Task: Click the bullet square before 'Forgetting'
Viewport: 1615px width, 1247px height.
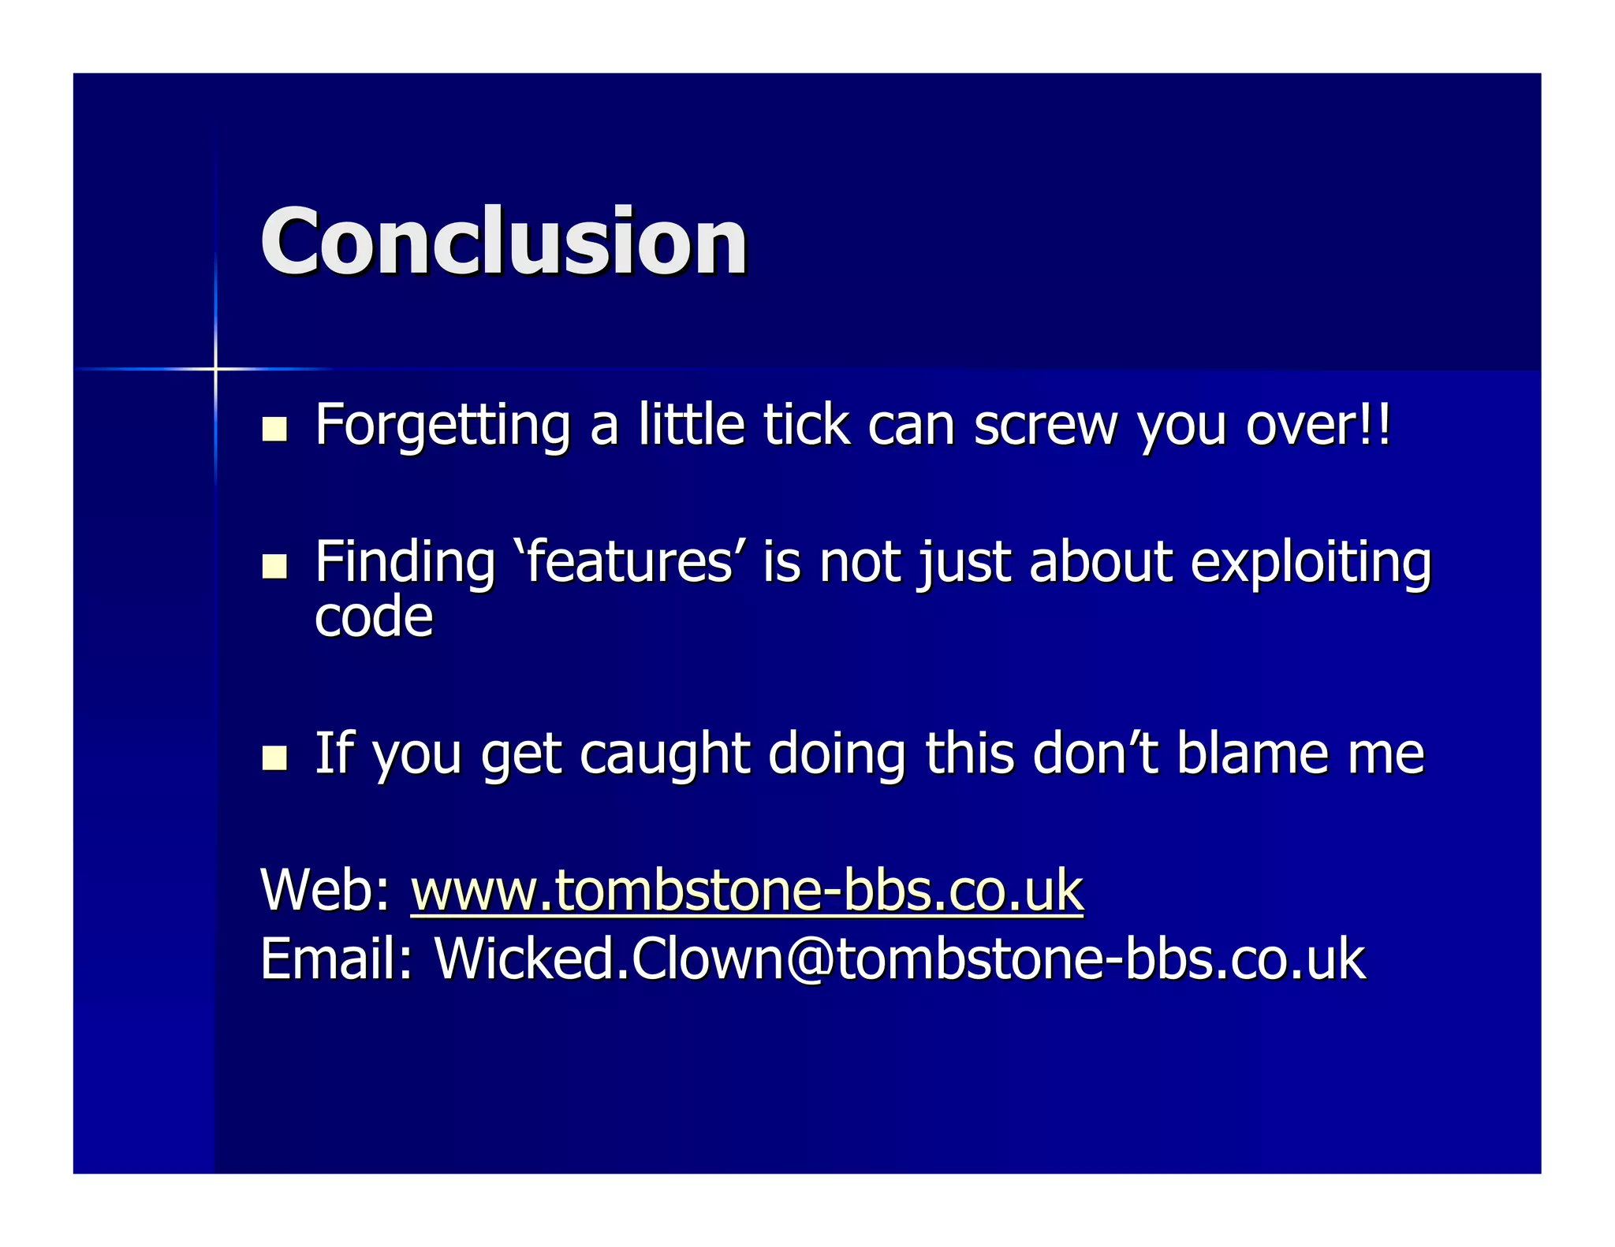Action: (274, 429)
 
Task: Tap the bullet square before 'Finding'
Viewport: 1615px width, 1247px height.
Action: (274, 566)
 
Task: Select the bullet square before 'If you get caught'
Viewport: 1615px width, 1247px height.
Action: (274, 757)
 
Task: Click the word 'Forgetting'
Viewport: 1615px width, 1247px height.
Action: (442, 426)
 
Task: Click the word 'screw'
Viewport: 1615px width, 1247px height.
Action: (1045, 425)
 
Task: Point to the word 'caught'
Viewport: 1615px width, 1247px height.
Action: (664, 754)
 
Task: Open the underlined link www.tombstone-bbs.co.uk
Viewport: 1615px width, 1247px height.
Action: (747, 891)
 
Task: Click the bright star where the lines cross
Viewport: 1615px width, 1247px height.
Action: (215, 368)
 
